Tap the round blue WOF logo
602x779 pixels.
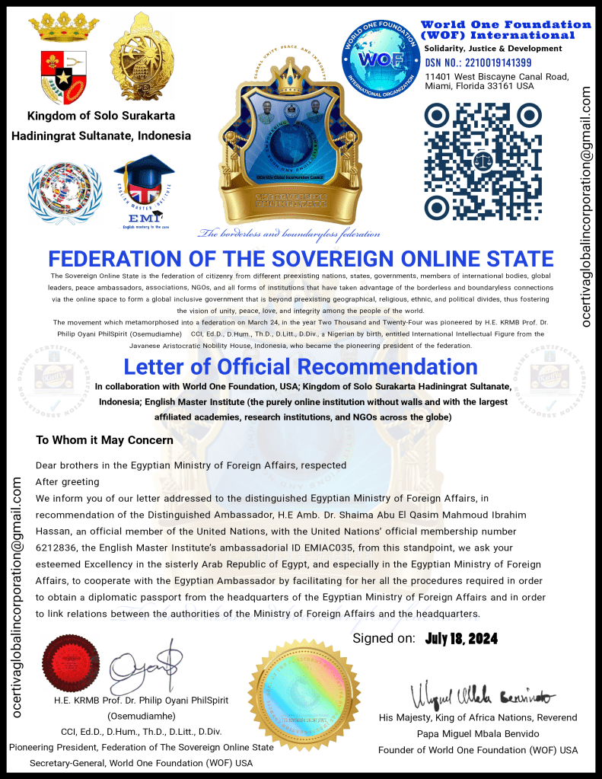click(x=381, y=59)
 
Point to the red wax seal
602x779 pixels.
click(x=71, y=662)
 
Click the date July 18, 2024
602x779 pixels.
click(x=462, y=638)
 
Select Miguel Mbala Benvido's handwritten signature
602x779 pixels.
click(x=483, y=694)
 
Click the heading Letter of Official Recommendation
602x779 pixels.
click(x=301, y=366)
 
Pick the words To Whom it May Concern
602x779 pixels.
click(x=104, y=440)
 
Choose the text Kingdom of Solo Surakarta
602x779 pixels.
click(x=101, y=117)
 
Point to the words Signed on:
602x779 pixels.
click(x=384, y=638)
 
